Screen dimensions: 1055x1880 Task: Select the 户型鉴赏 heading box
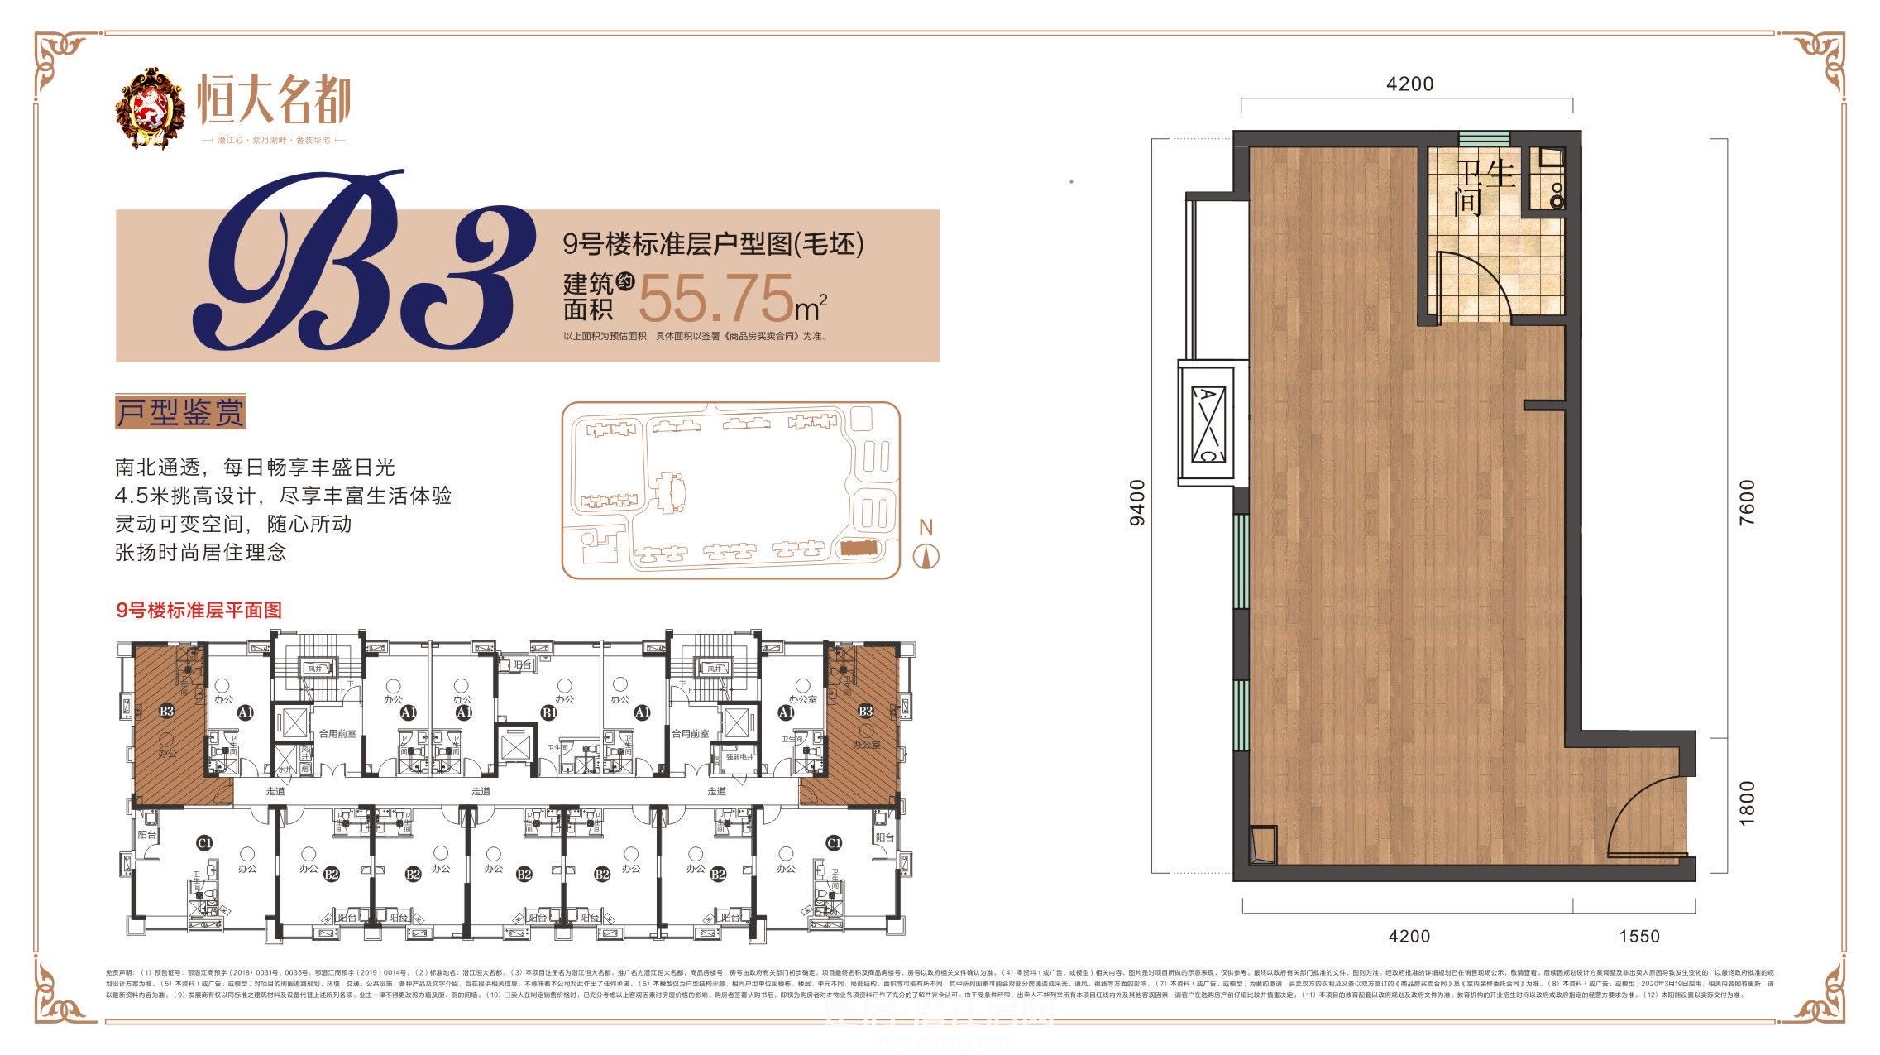[x=181, y=413]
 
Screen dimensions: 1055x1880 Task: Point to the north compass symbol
[x=926, y=556]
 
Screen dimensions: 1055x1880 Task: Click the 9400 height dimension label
[x=1139, y=502]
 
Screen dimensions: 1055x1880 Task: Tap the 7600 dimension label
[x=1746, y=502]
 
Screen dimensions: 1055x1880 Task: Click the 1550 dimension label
[x=1638, y=936]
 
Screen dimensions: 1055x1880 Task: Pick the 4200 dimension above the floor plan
[x=1409, y=84]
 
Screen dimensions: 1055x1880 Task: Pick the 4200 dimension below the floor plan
[x=1409, y=936]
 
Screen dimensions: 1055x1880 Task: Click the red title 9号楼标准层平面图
[x=199, y=611]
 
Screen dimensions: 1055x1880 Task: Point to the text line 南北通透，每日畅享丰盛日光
[x=256, y=468]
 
